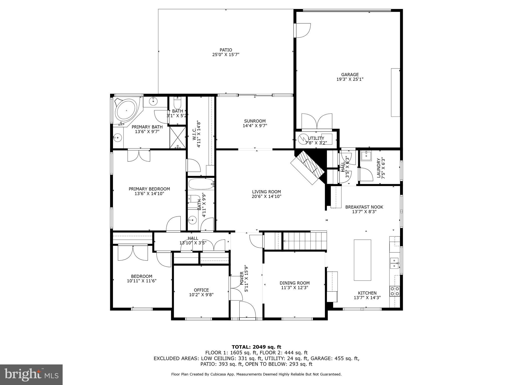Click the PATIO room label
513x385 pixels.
pos(226,50)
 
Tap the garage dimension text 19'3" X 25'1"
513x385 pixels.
pos(350,79)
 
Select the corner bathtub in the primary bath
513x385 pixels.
pos(126,111)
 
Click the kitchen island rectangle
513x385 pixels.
pos(362,260)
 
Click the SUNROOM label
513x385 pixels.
pos(255,121)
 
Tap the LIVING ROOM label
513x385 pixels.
pos(266,192)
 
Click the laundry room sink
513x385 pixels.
pos(366,155)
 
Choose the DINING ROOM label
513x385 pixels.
pos(295,283)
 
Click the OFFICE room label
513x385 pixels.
pos(201,290)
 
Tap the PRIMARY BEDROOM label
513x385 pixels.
pos(149,189)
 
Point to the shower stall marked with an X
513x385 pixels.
pos(178,138)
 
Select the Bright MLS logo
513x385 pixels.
pos(31,374)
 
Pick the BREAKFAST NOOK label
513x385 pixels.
pos(364,207)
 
